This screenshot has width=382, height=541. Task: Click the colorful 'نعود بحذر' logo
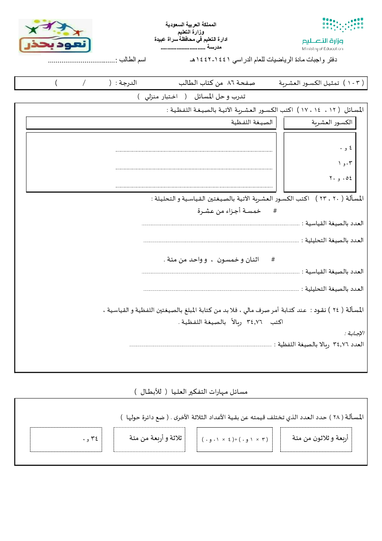pos(55,37)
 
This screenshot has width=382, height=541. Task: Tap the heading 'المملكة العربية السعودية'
pos(191,24)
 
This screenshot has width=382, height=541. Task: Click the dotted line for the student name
pos(82,61)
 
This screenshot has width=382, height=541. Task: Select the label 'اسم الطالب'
pos(132,59)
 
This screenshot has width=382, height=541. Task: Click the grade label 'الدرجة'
pos(126,83)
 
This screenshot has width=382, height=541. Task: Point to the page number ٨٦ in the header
pos(231,83)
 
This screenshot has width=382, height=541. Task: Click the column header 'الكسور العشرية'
pos(332,122)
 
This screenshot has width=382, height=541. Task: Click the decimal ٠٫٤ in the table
pos(346,148)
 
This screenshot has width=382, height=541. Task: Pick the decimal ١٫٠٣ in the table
pos(345,163)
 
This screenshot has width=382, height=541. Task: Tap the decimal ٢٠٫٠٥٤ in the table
pos(340,178)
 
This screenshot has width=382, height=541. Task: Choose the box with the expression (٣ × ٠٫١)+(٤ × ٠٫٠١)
pos(235,439)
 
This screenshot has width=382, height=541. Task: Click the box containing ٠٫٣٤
pos(66,439)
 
